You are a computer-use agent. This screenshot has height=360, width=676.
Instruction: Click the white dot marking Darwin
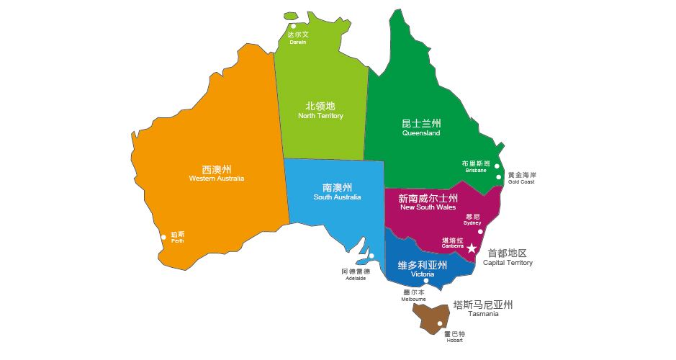(294, 26)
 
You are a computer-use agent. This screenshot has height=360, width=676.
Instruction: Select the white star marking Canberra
(472, 248)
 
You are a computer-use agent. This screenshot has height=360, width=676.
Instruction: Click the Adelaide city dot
(372, 256)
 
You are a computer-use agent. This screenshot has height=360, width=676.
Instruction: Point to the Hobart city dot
(440, 324)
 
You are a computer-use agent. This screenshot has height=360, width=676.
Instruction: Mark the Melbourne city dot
(426, 281)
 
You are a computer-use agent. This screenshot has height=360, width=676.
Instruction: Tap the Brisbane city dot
(497, 167)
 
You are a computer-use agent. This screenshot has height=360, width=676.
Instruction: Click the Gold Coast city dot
(499, 177)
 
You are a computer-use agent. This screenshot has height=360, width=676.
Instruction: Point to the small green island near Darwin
(292, 16)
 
